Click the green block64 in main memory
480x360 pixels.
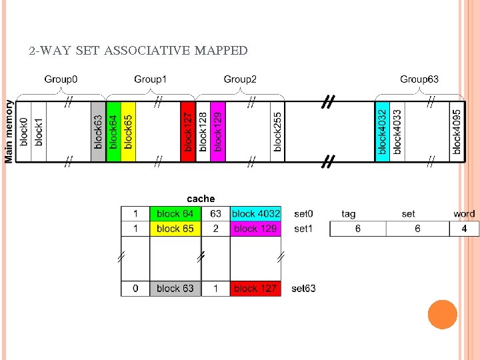(113, 131)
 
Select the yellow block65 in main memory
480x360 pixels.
(128, 131)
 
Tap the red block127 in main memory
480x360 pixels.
(188, 131)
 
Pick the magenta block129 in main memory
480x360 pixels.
(218, 131)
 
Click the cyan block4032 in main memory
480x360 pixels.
(382, 131)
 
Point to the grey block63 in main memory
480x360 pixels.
(98, 131)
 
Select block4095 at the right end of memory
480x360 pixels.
(457, 131)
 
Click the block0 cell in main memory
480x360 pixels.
(23, 131)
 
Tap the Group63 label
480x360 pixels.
(419, 79)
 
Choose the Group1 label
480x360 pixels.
(151, 79)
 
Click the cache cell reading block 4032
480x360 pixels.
(256, 214)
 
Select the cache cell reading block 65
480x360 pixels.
(175, 229)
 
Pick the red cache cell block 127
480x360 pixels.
(256, 289)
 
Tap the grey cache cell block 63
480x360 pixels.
(175, 289)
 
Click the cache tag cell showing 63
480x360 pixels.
(215, 214)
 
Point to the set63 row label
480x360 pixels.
(303, 289)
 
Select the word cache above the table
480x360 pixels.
(201, 199)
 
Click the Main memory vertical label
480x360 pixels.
(9, 131)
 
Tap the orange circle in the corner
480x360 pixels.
(442, 315)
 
